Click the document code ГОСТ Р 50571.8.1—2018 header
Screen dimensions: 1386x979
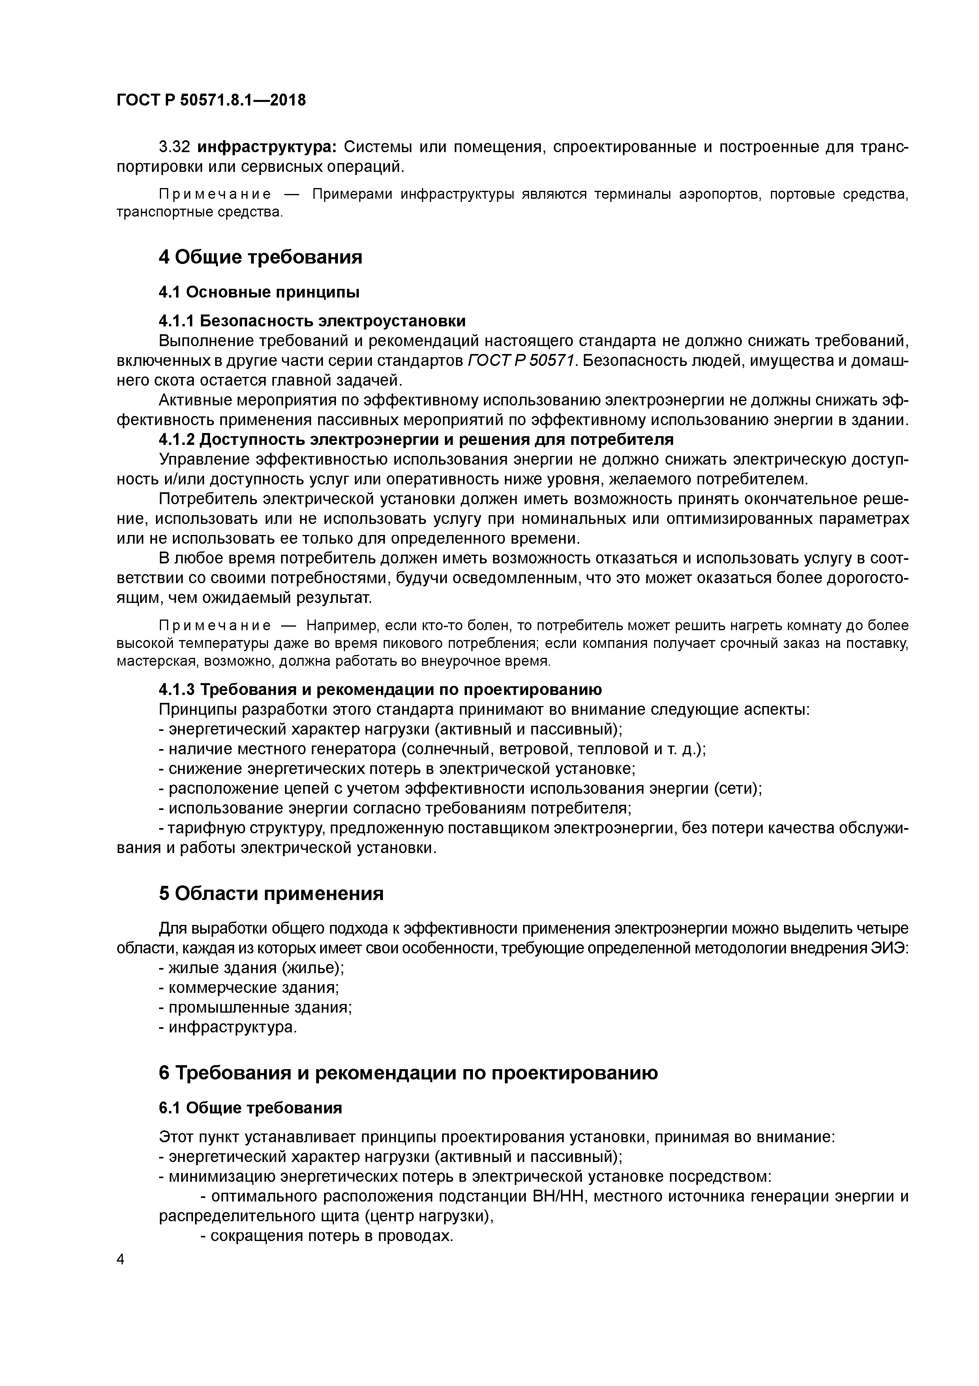pyautogui.click(x=211, y=100)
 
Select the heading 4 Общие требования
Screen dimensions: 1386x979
pyautogui.click(x=260, y=257)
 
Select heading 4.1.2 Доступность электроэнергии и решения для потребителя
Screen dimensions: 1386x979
pyautogui.click(x=416, y=439)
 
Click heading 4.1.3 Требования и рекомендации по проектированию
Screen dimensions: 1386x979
pyautogui.click(x=380, y=689)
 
